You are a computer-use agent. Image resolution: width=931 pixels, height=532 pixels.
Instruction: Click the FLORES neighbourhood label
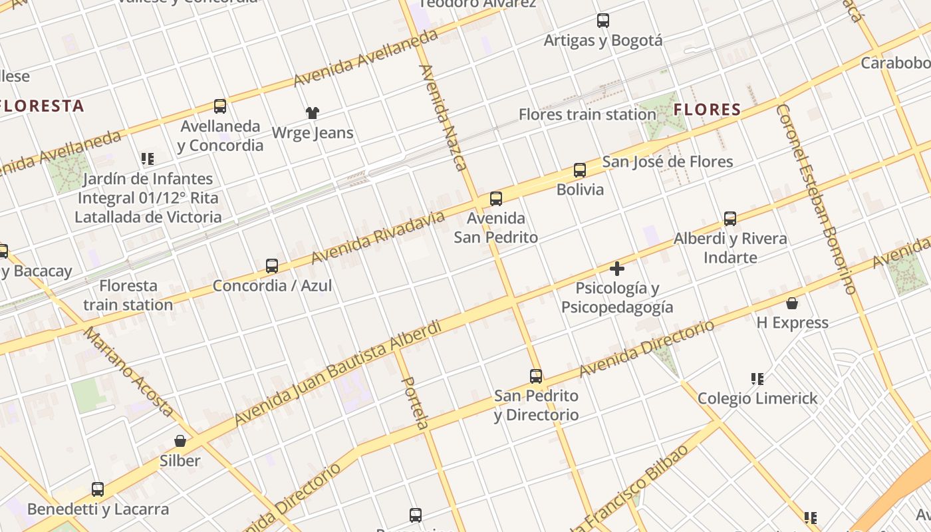[708, 110]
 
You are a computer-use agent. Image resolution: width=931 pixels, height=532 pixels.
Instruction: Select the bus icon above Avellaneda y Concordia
[220, 106]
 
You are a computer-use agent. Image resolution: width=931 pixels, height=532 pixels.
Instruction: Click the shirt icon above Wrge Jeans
[312, 112]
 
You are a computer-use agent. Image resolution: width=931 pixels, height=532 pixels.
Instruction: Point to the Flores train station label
[587, 114]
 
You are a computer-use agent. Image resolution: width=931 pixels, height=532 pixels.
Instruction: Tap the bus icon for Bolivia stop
[580, 170]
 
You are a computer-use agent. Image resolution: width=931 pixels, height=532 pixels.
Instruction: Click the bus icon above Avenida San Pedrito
[495, 198]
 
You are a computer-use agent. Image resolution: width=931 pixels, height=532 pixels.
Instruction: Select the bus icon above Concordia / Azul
[272, 266]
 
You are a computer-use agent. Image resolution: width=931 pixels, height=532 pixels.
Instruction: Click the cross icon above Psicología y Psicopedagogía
[617, 269]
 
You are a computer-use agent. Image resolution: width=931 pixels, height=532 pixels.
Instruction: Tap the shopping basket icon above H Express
[792, 304]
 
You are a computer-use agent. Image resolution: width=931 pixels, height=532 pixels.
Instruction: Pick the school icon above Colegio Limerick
[757, 379]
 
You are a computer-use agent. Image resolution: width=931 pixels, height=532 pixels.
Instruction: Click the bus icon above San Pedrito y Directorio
[536, 376]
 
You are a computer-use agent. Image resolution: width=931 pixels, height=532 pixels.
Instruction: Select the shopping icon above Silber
[180, 441]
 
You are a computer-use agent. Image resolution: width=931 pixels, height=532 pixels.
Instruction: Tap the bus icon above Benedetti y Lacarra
[98, 489]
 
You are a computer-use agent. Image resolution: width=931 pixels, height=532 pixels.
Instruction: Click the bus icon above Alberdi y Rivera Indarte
[730, 218]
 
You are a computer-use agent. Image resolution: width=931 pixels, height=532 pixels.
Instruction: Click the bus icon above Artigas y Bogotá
[603, 21]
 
